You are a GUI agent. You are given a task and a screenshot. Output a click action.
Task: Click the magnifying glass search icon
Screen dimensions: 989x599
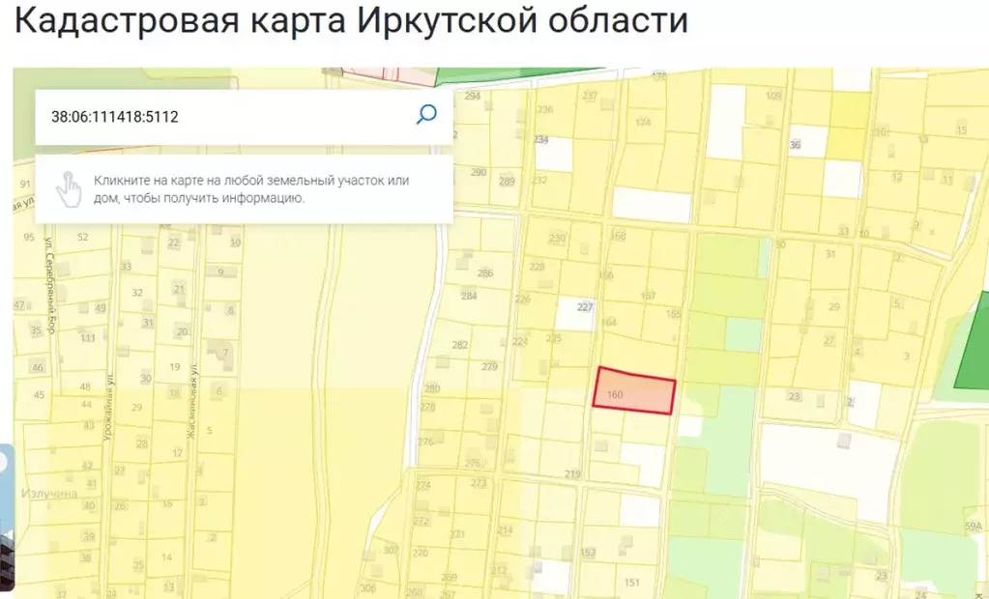point(426,115)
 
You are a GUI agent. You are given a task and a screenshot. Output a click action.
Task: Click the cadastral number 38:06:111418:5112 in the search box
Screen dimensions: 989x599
point(115,117)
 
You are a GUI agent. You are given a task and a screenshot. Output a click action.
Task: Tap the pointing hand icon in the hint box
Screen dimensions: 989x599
point(68,188)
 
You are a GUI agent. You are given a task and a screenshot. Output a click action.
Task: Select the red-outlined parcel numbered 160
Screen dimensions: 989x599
point(634,391)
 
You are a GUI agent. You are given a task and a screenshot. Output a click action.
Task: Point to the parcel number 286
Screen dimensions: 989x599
point(484,272)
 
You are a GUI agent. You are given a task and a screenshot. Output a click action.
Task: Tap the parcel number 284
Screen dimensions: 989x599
point(468,296)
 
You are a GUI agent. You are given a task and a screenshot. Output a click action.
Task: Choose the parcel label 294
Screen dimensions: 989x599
point(472,96)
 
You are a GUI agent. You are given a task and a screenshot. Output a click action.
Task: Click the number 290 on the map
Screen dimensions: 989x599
point(478,173)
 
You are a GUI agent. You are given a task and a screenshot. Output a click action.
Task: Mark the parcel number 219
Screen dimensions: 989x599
point(572,474)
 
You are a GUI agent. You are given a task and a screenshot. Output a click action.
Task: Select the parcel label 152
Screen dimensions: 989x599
point(587,553)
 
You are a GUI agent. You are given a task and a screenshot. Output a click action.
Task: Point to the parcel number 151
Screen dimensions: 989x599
point(632,582)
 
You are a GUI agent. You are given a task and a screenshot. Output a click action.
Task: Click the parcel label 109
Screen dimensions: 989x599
point(773,95)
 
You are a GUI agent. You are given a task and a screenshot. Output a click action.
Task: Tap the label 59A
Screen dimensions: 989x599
point(972,526)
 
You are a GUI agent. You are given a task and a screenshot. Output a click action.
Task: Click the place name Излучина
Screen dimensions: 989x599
point(49,494)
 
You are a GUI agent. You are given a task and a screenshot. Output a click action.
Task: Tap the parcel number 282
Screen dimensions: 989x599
point(459,345)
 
